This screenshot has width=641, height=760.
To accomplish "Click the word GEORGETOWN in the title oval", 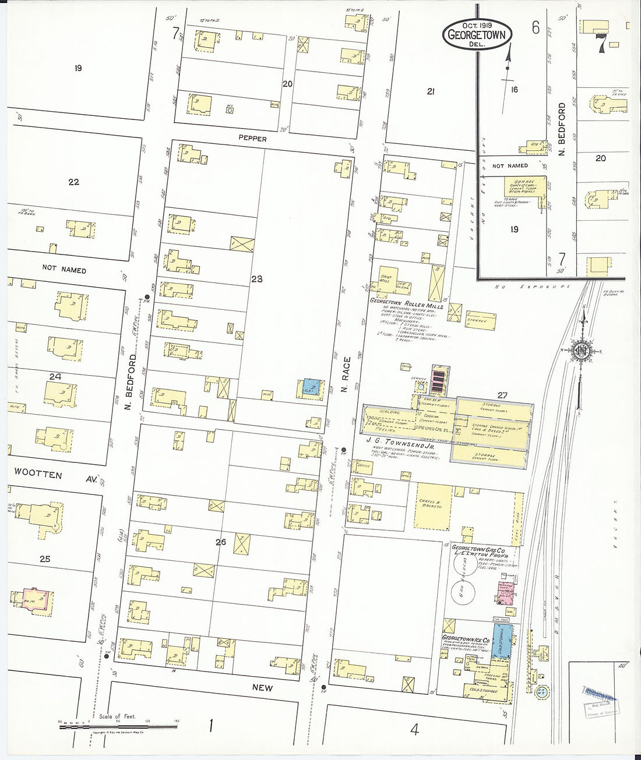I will tap(476, 35).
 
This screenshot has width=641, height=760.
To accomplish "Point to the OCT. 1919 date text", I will tap(476, 26).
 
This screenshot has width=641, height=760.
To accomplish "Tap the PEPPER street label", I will tap(252, 139).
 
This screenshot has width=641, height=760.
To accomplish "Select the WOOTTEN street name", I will tap(38, 475).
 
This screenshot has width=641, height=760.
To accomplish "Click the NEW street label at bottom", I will tap(262, 688).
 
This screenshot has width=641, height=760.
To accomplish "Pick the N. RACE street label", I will tap(347, 374).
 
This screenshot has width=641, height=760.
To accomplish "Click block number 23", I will tap(257, 279).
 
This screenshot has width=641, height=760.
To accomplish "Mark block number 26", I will tap(220, 542).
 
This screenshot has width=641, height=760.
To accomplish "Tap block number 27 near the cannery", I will tap(502, 395).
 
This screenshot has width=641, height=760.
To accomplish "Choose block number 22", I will tap(73, 182).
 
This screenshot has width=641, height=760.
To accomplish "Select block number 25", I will tap(45, 559).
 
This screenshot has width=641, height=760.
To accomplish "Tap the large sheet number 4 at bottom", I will tap(414, 729).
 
